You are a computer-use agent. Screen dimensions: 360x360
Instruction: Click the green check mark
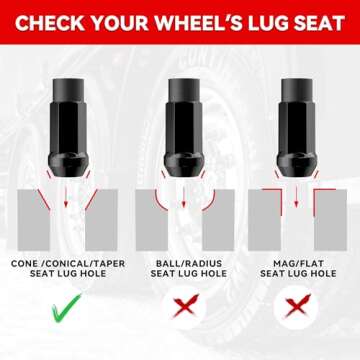[67, 307]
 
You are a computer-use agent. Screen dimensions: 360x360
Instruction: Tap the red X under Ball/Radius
[185, 305]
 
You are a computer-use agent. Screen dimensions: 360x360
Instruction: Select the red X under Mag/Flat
[297, 305]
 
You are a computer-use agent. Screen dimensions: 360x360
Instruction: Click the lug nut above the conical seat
[69, 127]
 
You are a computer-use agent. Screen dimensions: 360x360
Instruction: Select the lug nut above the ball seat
[184, 127]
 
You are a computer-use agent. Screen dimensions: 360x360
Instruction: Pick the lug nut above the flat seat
[297, 127]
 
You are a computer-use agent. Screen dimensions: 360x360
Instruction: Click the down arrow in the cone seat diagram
[66, 197]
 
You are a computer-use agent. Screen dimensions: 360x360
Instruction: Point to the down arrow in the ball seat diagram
[183, 197]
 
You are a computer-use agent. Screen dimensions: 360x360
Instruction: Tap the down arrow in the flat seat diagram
[296, 197]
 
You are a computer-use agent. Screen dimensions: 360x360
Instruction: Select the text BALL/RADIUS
[189, 264]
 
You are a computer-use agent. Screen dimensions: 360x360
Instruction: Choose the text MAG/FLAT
[298, 264]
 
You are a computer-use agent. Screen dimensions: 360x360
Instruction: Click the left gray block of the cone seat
[33, 220]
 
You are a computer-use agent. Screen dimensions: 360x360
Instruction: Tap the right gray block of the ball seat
[218, 220]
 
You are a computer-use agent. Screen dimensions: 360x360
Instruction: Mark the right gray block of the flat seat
[330, 220]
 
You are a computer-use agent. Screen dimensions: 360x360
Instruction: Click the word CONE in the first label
[24, 264]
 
